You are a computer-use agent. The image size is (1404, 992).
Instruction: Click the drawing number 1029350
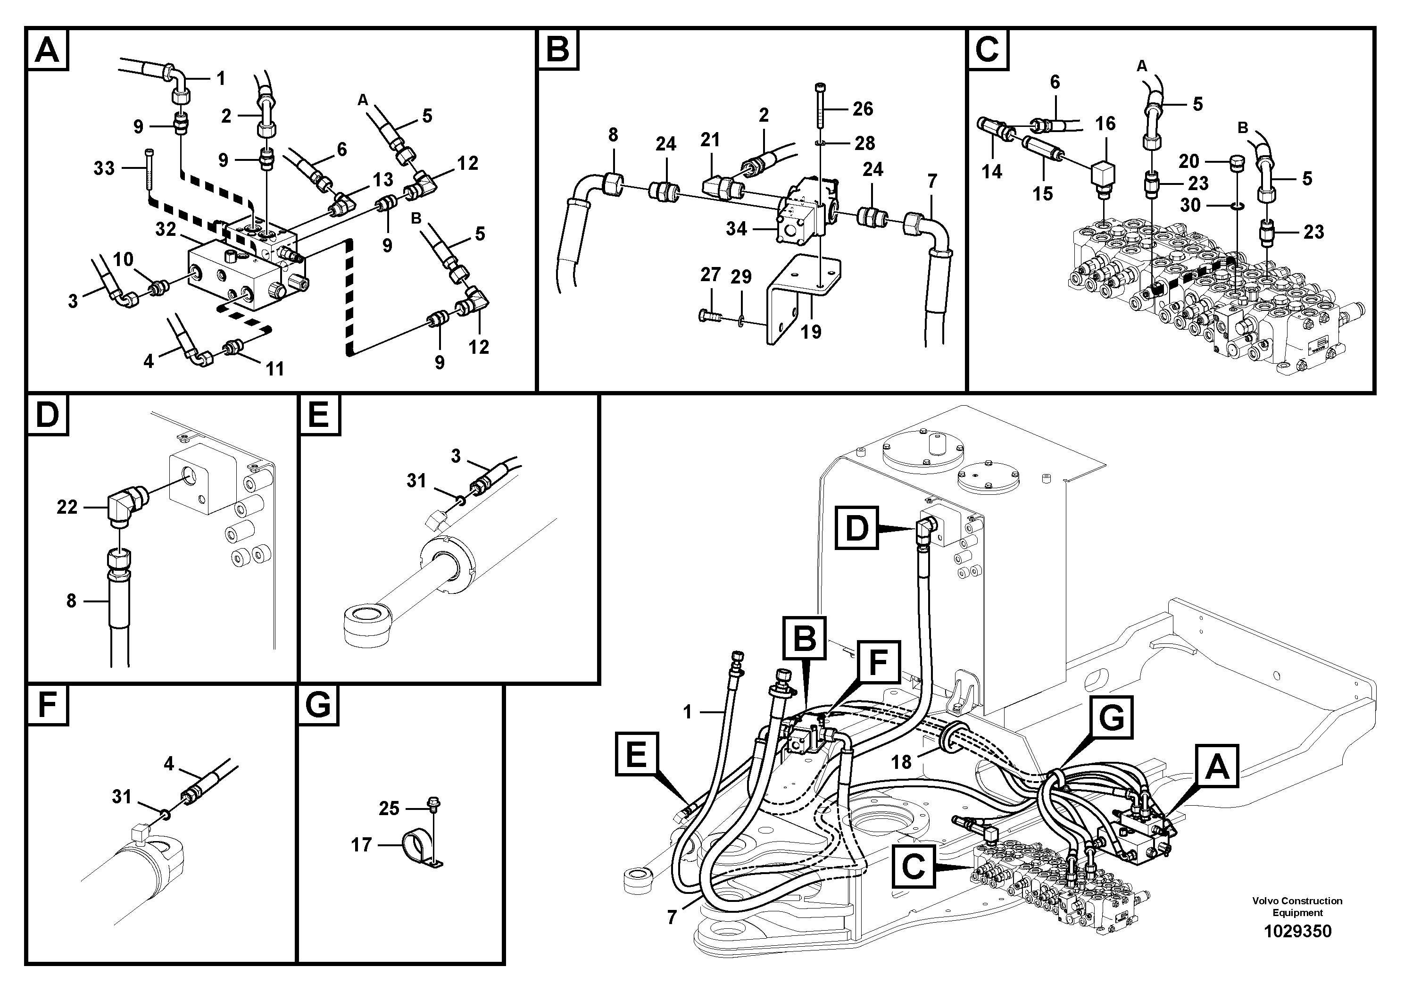[1297, 932]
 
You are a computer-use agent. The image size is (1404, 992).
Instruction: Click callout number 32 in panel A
[166, 229]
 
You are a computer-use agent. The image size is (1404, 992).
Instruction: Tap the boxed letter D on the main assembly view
[857, 527]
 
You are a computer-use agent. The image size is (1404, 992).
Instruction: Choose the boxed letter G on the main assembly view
[1111, 717]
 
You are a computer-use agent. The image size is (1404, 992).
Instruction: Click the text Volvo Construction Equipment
[1297, 906]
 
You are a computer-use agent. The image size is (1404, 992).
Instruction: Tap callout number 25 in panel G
[389, 809]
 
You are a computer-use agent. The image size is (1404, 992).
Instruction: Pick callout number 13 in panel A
[383, 180]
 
